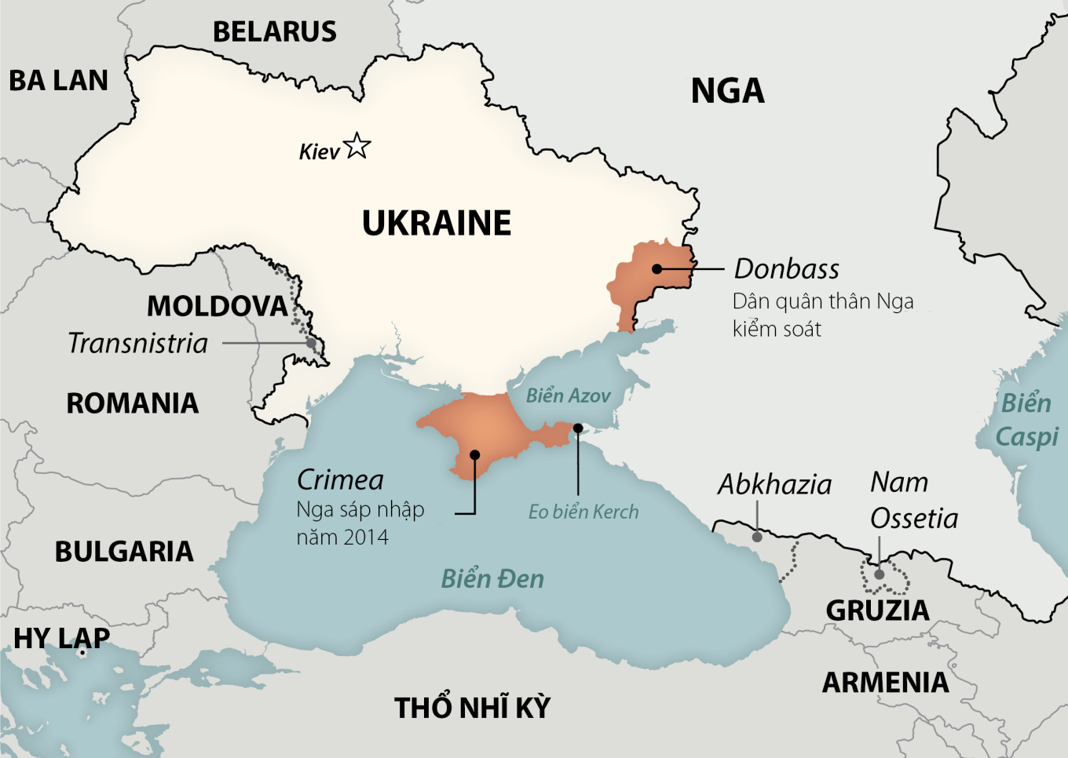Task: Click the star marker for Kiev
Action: click(357, 146)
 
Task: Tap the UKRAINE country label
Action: click(437, 224)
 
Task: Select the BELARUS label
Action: click(275, 32)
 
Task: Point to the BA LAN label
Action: click(58, 81)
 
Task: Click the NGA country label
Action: click(727, 91)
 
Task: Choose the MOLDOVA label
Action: click(218, 306)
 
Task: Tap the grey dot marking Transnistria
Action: click(311, 344)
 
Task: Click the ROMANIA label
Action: click(132, 403)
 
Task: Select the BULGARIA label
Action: click(124, 552)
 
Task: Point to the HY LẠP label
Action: click(61, 639)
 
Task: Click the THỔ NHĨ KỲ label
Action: click(472, 708)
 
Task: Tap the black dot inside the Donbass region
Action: click(657, 269)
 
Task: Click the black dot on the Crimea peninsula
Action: click(475, 455)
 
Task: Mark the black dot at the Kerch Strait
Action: click(578, 428)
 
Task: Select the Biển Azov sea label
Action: click(568, 395)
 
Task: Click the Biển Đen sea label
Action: click(492, 579)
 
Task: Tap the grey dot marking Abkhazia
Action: click(757, 538)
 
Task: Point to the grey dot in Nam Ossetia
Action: click(880, 574)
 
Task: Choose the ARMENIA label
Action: click(885, 683)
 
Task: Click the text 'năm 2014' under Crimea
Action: click(342, 538)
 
